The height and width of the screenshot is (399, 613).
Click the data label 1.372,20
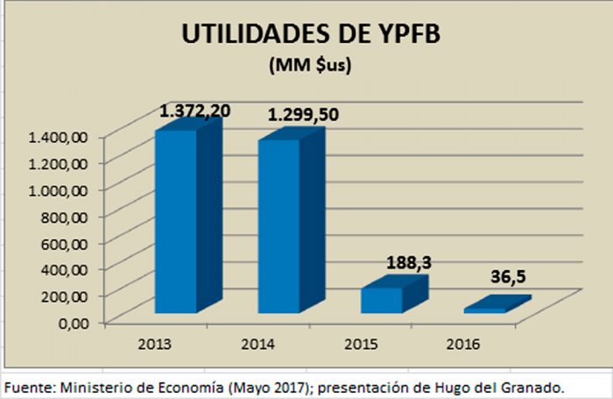194,110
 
